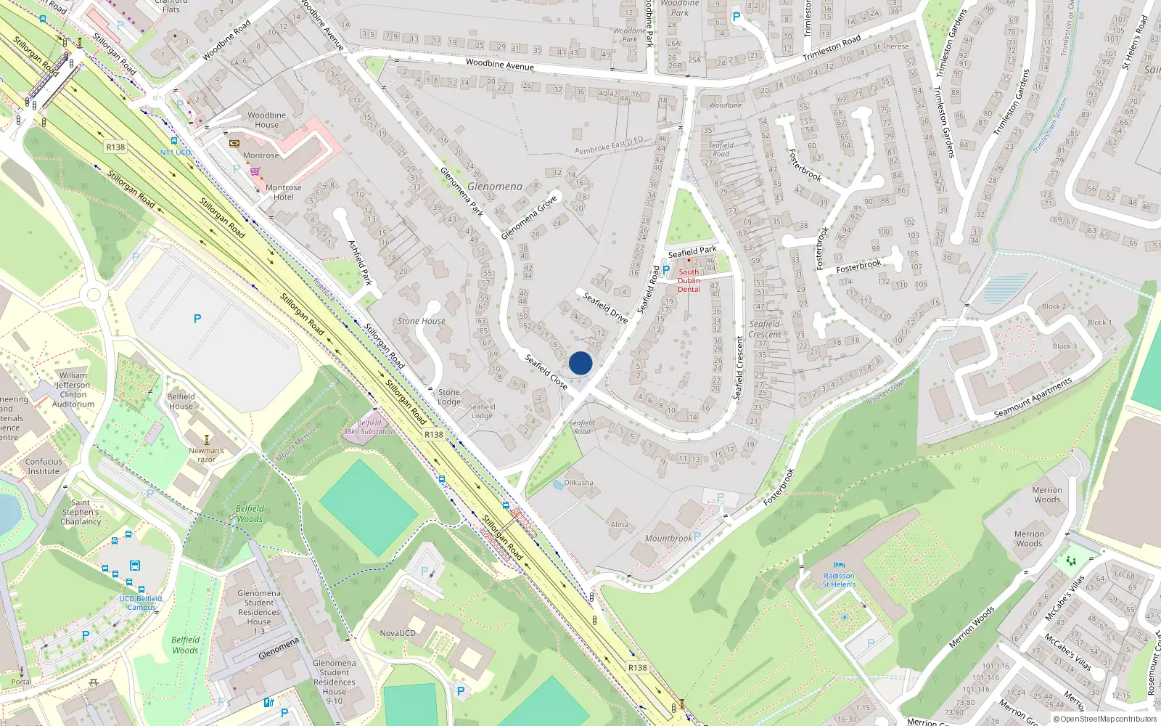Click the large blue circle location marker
(580, 363)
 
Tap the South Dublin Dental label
(689, 281)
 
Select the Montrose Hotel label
(283, 192)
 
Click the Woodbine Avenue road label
(499, 65)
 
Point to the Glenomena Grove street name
(529, 217)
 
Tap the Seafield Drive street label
(605, 307)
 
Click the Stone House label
(421, 321)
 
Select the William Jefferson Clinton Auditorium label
(73, 390)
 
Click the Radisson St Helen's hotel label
(839, 580)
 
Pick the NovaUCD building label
(398, 633)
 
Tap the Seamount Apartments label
(1033, 398)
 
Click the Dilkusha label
(578, 483)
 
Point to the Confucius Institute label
(44, 466)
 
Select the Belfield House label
(181, 401)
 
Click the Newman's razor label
(206, 454)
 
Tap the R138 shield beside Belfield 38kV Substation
(434, 434)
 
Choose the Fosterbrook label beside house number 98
(858, 266)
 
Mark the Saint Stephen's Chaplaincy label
(81, 512)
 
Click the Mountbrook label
(668, 539)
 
